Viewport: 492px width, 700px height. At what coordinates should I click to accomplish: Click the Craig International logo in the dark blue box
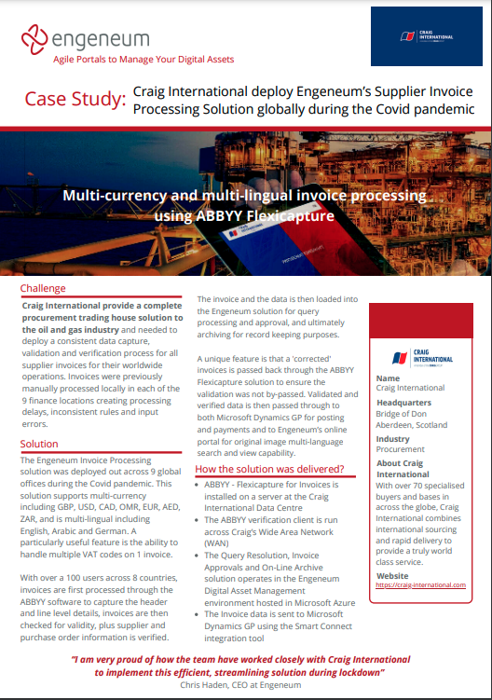(x=426, y=36)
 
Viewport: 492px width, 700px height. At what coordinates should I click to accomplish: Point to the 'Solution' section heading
(x=39, y=445)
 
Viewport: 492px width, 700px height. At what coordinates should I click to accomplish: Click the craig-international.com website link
(x=420, y=584)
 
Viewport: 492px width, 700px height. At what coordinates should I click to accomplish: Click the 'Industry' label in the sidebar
(x=392, y=439)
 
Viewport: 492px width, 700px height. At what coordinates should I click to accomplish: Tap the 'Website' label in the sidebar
(x=392, y=574)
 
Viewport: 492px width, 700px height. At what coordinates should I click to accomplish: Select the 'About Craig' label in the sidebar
(x=401, y=463)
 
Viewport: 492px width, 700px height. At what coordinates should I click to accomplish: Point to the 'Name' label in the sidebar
(x=389, y=378)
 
